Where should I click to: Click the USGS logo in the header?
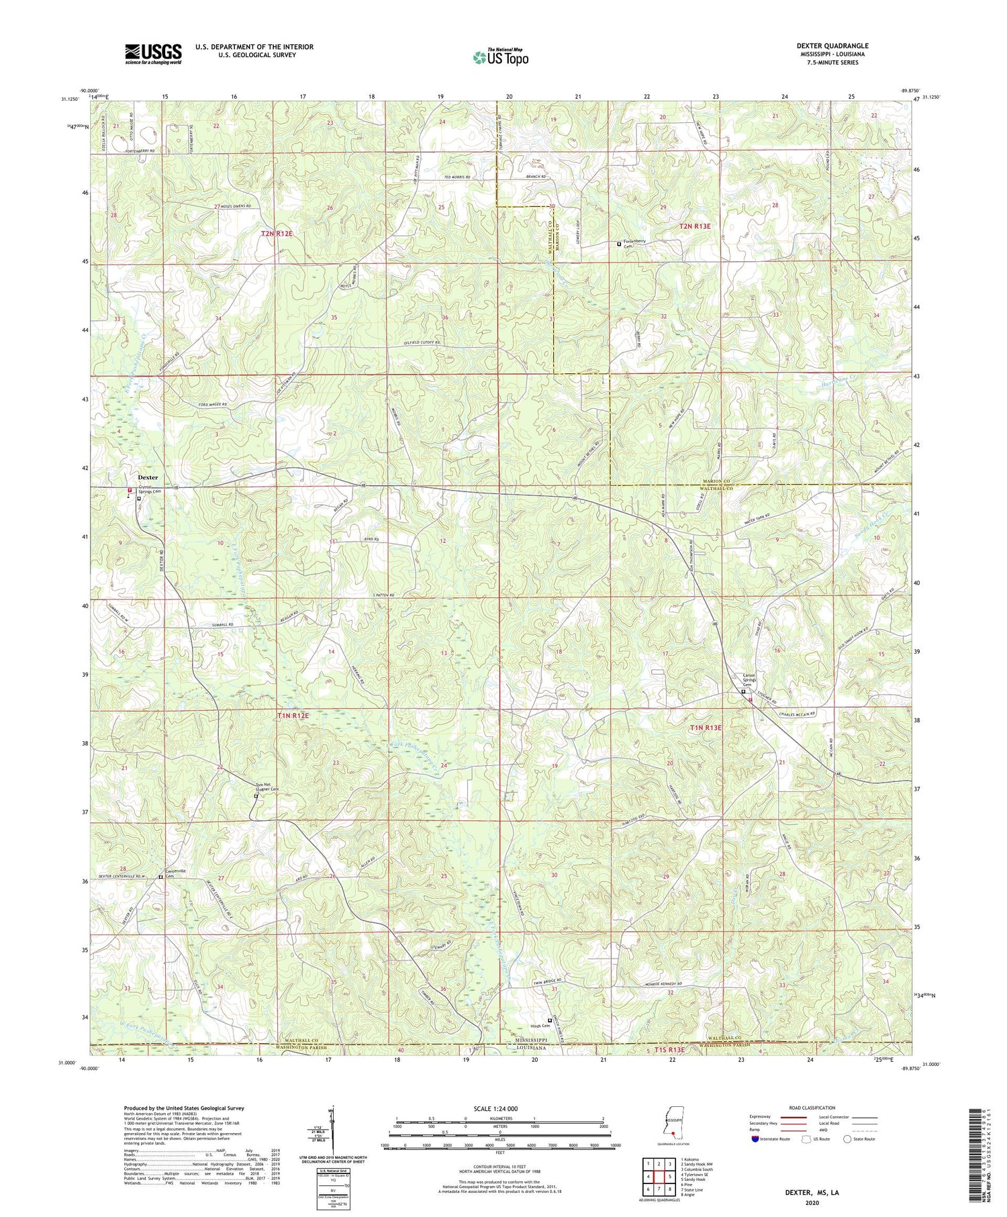(x=153, y=54)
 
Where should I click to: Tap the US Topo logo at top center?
(x=499, y=58)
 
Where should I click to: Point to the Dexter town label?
(x=148, y=477)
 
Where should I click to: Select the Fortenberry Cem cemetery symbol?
(x=619, y=244)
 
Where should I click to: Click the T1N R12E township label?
(x=293, y=716)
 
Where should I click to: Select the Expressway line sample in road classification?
(x=791, y=1117)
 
